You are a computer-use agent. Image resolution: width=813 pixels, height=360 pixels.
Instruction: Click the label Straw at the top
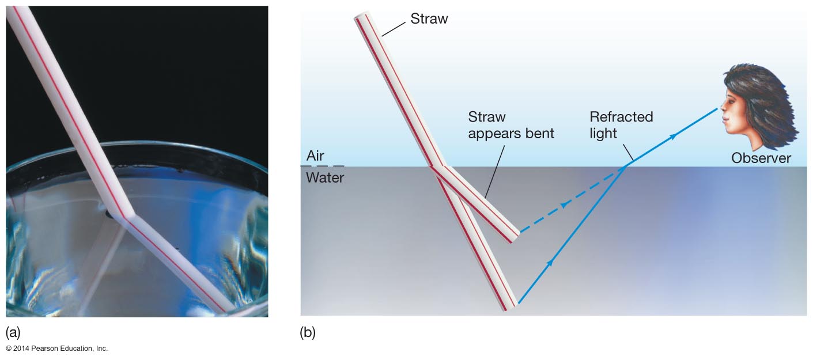pos(429,18)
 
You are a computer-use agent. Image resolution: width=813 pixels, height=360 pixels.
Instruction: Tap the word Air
pos(315,156)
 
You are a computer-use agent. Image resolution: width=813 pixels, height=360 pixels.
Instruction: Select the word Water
pos(325,177)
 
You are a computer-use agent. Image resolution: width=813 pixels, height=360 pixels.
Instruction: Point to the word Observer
pos(761,158)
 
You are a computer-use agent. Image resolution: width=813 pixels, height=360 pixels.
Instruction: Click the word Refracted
pos(621,117)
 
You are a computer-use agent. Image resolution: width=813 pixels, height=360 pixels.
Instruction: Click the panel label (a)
pos(13,332)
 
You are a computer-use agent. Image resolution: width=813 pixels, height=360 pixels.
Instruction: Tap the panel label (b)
pos(308,332)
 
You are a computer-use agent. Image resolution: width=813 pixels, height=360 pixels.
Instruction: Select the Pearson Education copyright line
pos(56,348)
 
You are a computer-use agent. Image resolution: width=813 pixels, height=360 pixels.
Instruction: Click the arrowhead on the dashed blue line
pos(564,205)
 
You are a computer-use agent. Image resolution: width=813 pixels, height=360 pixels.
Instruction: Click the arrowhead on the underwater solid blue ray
pos(550,263)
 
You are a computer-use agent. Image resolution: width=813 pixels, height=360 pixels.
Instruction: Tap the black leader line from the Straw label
pos(394,29)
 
